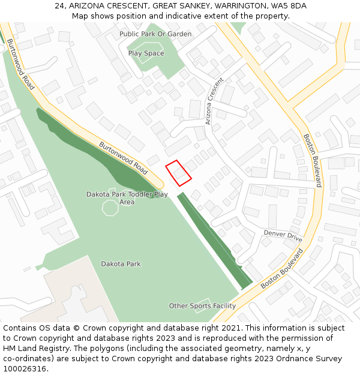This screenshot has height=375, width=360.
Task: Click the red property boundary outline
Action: [x=178, y=173]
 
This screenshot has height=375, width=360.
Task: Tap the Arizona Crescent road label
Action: [x=214, y=101]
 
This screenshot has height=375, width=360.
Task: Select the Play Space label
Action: [x=146, y=53]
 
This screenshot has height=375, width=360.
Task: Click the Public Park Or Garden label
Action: [x=155, y=34]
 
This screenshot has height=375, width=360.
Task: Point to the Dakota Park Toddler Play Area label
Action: [x=127, y=198]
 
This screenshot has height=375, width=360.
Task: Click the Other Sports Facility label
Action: [x=202, y=306]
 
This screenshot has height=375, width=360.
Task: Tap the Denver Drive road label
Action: [x=283, y=236]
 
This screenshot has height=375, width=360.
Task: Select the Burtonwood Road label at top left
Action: [x=20, y=65]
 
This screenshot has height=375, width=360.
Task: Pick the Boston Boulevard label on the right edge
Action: [x=312, y=160]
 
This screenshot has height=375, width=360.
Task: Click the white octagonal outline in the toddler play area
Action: [x=110, y=208]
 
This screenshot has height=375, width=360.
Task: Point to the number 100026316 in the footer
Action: [x=26, y=368]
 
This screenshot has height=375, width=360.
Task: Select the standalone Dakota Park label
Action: [x=121, y=264]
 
